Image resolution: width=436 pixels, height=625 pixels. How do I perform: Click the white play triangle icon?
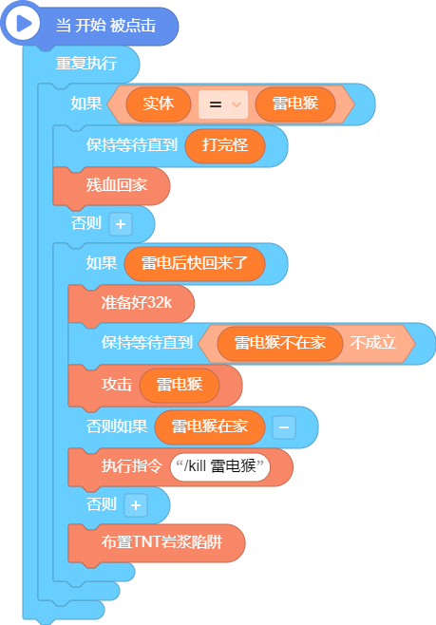[23, 24]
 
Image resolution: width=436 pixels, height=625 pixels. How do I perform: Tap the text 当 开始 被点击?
[105, 26]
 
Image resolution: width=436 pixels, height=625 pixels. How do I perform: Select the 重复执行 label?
[86, 63]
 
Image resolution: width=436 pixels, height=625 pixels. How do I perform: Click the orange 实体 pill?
[159, 104]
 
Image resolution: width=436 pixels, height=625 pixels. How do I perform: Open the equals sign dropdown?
[223, 104]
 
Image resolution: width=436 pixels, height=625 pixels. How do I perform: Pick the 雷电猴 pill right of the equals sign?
[295, 104]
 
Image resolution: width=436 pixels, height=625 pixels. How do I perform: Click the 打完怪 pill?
[225, 145]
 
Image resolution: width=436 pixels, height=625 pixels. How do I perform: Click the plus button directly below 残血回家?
[121, 224]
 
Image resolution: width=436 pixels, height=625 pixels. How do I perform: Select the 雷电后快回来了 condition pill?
[195, 263]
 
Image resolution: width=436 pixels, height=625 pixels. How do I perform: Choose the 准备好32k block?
[131, 304]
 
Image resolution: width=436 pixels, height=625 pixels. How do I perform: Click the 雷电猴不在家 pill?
[280, 343]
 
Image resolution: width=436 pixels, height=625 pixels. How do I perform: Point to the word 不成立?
[373, 343]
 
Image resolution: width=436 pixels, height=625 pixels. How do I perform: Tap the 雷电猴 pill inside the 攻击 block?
[180, 385]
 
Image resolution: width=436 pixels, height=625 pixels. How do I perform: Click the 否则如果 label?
[117, 426]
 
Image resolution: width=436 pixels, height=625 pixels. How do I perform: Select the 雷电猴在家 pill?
[210, 426]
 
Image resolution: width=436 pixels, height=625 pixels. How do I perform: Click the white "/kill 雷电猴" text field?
[220, 466]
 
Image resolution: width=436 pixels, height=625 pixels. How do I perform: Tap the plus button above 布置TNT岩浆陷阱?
[136, 505]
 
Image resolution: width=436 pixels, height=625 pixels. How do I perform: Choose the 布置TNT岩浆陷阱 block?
[157, 543]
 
